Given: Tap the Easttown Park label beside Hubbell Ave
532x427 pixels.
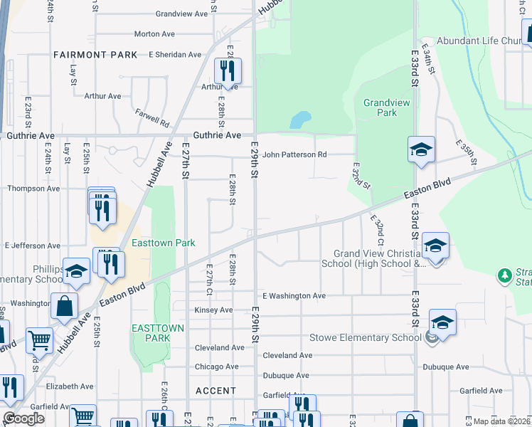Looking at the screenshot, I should point(164,243).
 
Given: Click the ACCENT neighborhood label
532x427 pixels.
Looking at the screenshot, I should point(216,391).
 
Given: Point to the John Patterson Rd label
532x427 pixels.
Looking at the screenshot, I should point(294,154).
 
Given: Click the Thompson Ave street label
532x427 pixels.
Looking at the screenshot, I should point(32,189).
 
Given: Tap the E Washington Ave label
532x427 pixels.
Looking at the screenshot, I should point(294,295).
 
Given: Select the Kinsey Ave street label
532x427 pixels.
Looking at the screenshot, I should point(214,310).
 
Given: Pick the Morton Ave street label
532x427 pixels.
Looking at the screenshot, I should point(154,33).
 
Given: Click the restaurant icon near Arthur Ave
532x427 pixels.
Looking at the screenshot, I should point(228,70).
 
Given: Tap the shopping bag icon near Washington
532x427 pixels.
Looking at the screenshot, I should point(64,307).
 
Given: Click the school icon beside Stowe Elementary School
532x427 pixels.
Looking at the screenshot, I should point(442,323).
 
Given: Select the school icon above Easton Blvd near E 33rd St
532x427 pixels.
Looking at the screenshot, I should point(421,149).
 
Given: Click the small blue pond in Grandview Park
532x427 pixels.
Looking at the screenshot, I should point(300,120).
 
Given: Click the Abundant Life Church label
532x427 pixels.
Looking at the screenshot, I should point(481,41).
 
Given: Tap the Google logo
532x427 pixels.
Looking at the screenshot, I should point(24,418).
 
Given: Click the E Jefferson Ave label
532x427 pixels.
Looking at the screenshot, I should point(32,245).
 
